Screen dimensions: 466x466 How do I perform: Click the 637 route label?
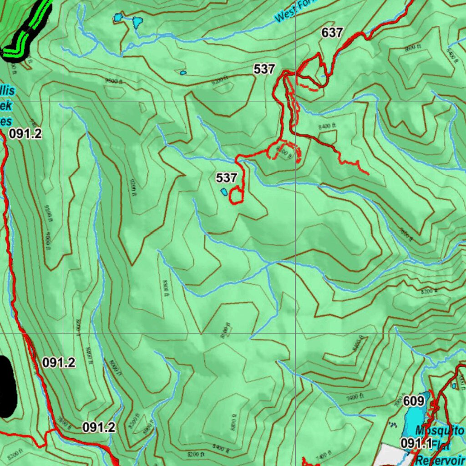click(x=332, y=33)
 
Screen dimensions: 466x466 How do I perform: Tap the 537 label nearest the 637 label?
click(x=264, y=69)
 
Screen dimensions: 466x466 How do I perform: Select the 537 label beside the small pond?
click(x=226, y=177)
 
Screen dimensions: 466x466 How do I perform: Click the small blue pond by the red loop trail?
click(x=224, y=192)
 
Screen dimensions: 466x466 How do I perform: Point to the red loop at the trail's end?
click(x=236, y=196)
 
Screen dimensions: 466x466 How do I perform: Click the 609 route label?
click(x=414, y=401)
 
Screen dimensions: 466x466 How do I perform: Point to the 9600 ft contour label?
click(x=111, y=81)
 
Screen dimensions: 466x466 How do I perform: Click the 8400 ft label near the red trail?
click(x=327, y=126)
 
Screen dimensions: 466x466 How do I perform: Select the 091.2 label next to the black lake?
click(x=59, y=363)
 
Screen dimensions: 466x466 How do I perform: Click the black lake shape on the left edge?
click(x=6, y=387)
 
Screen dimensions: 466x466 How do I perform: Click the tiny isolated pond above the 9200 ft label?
click(x=183, y=73)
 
